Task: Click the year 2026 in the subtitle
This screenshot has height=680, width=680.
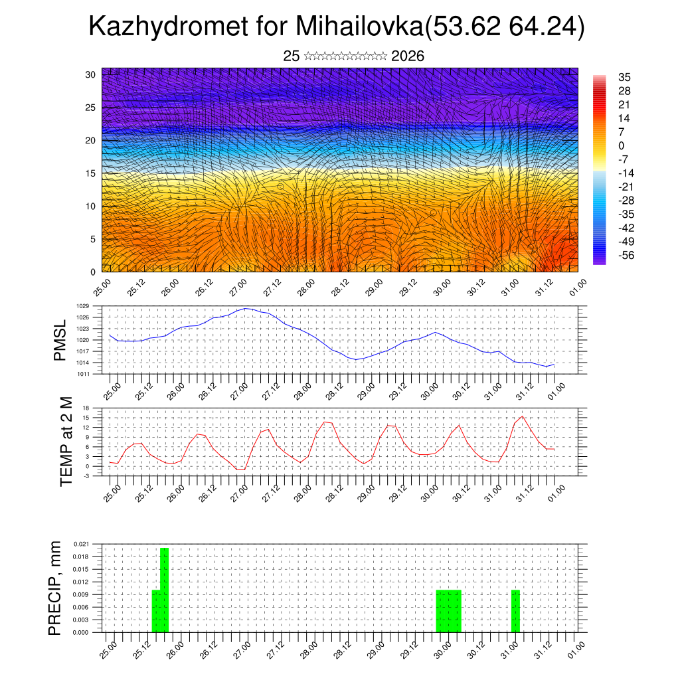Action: point(408,56)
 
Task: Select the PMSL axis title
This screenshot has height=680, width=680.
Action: point(60,340)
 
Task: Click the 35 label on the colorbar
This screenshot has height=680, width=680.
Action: point(624,77)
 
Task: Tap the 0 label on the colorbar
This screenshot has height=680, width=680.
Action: point(621,146)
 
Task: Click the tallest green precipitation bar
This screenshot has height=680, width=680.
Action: point(164,590)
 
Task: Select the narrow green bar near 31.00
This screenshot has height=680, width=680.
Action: point(515,611)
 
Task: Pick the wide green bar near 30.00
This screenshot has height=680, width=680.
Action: point(448,611)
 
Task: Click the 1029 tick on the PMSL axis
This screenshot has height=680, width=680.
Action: point(83,306)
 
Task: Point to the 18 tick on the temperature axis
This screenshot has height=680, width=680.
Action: point(86,408)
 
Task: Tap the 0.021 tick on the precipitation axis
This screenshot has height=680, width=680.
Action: point(81,544)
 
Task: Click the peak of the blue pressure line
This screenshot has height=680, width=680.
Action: point(246,308)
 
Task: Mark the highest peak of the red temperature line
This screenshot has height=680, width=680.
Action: point(523,416)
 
